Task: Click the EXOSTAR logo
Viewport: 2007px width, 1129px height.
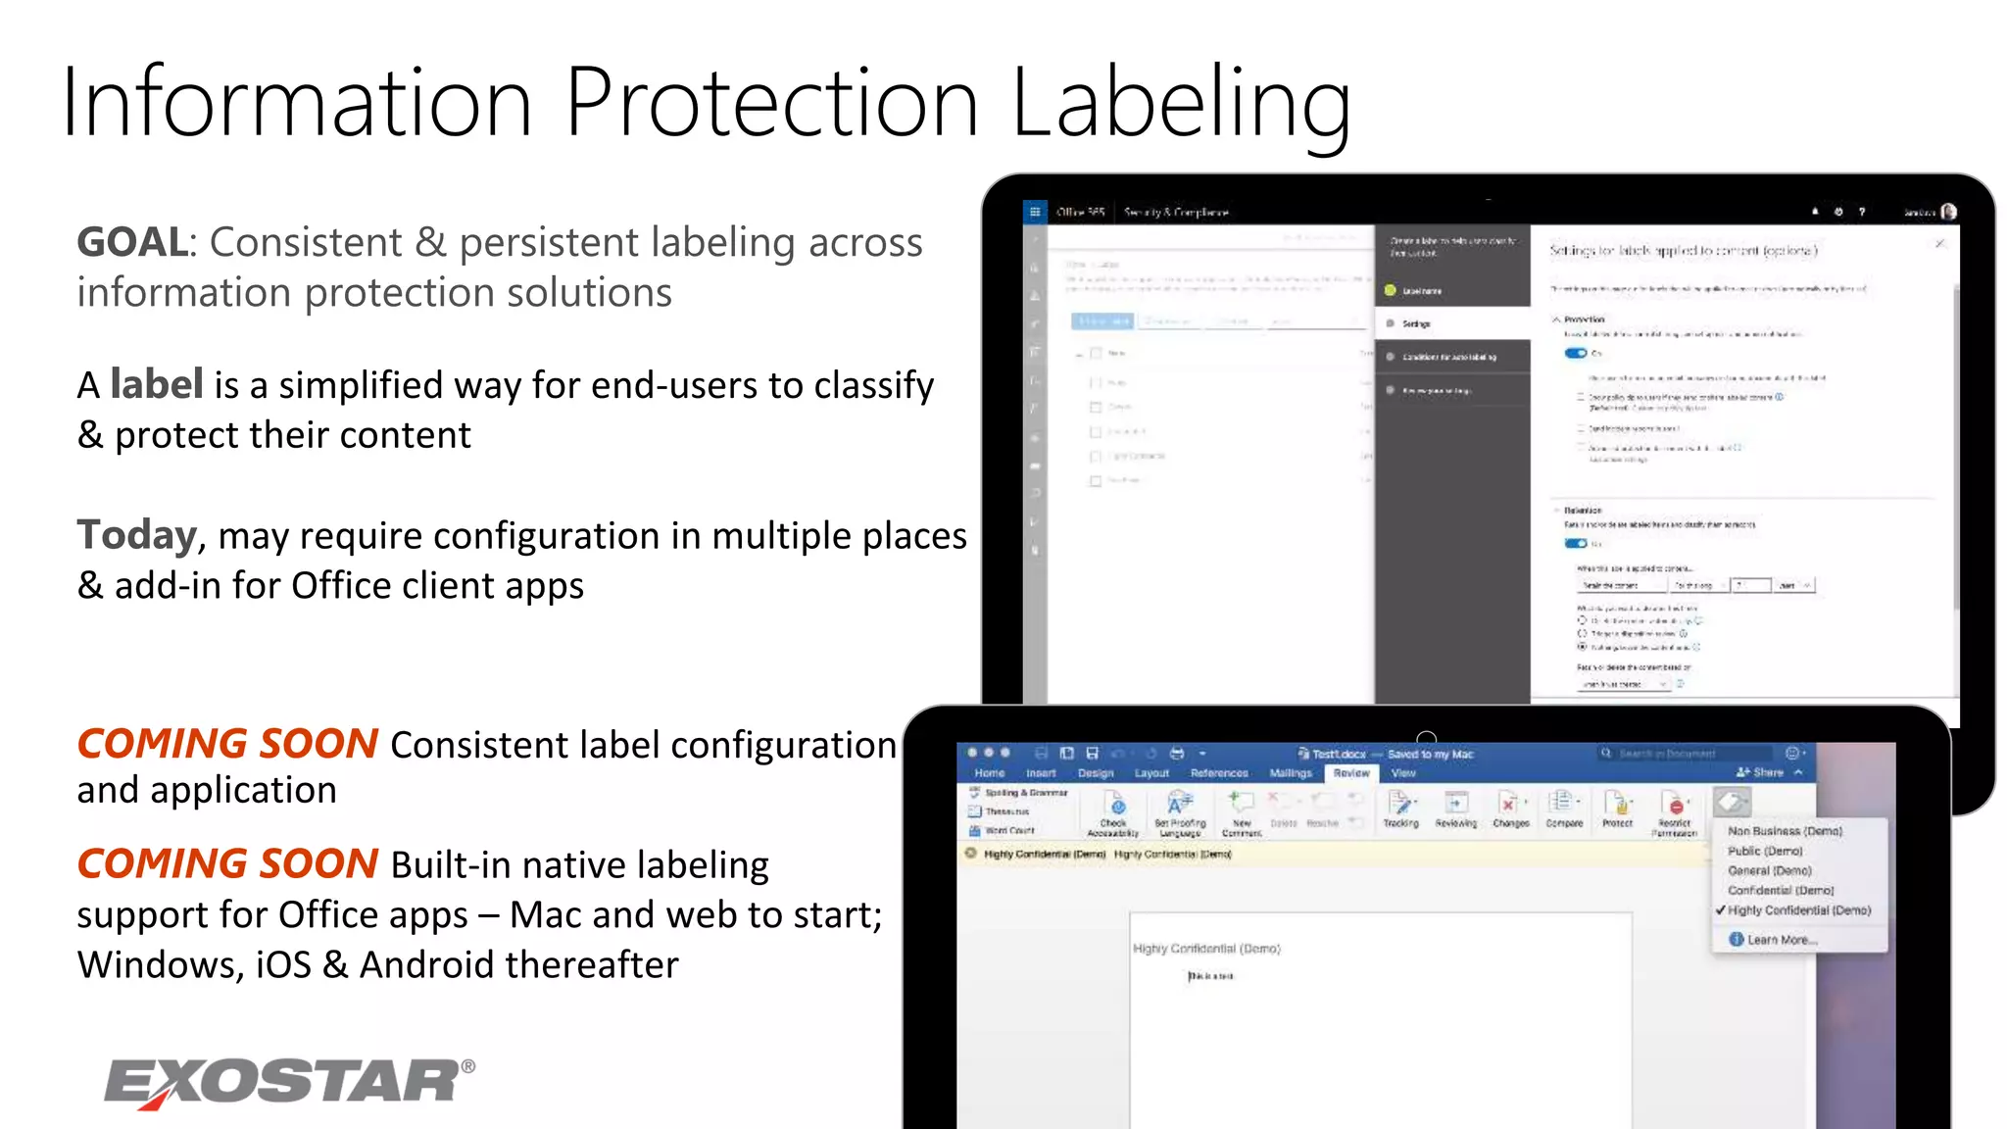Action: [289, 1083]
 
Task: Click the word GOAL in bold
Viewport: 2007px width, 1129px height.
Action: [132, 242]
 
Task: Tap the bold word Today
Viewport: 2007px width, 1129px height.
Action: [137, 535]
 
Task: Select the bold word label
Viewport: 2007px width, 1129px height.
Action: [157, 384]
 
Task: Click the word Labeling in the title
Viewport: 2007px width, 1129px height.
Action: [1181, 103]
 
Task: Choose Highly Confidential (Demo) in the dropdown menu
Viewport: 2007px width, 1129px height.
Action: [1798, 910]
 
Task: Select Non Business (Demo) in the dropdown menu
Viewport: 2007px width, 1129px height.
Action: [1785, 831]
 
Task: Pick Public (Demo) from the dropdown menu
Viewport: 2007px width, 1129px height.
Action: [1765, 851]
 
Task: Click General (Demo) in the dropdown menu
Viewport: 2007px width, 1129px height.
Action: [1769, 870]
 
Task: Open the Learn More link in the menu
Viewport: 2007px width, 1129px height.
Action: [1781, 940]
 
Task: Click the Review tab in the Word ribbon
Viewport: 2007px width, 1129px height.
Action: [1351, 773]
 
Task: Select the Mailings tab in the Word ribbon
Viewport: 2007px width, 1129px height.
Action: [1290, 773]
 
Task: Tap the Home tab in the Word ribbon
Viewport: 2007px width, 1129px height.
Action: [989, 773]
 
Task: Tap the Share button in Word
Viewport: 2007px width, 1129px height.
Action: [1762, 772]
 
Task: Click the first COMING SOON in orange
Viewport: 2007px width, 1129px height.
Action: [227, 745]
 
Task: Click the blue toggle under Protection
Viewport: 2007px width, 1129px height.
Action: [1575, 353]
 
